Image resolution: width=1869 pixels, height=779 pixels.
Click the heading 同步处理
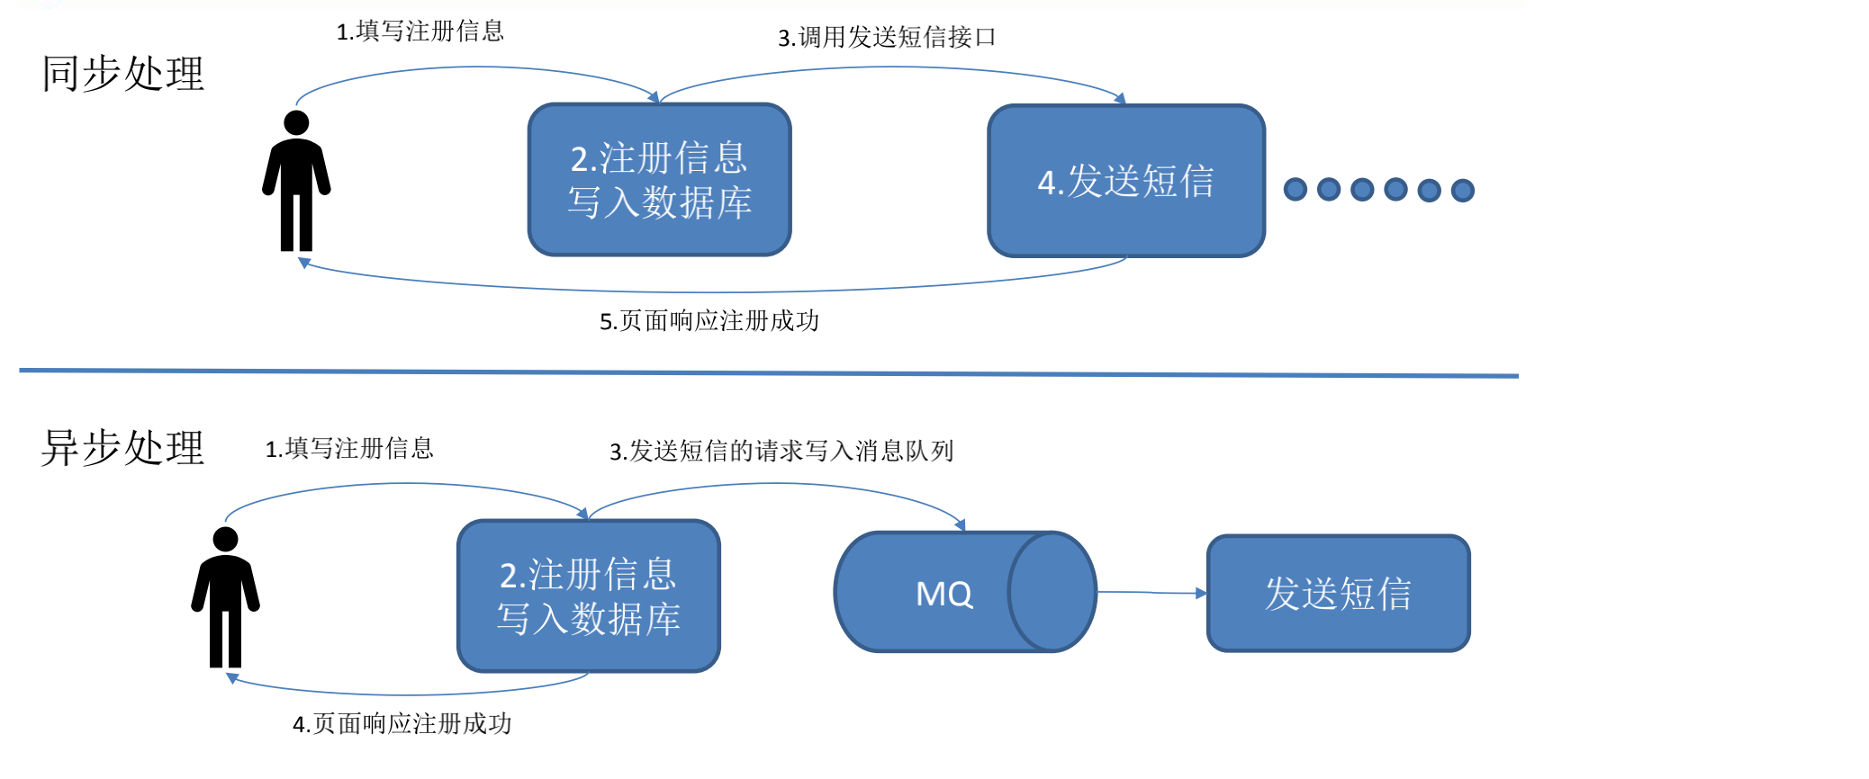coord(123,74)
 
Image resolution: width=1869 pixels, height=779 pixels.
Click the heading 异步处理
coord(123,447)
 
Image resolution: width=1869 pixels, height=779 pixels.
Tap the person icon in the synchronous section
coord(296,180)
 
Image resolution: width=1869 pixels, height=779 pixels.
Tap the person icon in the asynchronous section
coord(225,596)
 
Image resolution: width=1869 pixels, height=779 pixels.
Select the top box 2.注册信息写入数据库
coord(659,180)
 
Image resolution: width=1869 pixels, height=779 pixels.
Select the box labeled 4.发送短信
coord(1125,181)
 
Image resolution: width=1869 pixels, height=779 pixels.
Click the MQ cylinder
coord(936,592)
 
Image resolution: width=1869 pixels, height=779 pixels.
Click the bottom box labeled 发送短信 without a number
coord(1338,594)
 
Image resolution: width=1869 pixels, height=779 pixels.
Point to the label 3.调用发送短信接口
coord(887,37)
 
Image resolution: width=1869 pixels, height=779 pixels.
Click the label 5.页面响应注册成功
coord(709,321)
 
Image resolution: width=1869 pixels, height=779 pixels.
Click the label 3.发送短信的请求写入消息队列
coord(781,451)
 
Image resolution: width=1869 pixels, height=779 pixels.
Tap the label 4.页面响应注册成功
coord(402,724)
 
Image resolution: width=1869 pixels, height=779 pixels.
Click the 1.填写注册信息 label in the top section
coord(420,31)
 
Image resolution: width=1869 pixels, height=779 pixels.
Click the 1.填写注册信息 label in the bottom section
coord(349,448)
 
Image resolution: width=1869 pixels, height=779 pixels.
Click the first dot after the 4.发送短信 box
coord(1295,190)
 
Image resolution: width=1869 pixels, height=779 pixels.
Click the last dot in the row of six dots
coord(1462,191)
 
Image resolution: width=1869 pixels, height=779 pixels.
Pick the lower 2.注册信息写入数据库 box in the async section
coord(588,595)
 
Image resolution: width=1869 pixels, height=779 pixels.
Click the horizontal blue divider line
coord(765,372)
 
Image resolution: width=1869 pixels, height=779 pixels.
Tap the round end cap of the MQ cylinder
coord(1052,592)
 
